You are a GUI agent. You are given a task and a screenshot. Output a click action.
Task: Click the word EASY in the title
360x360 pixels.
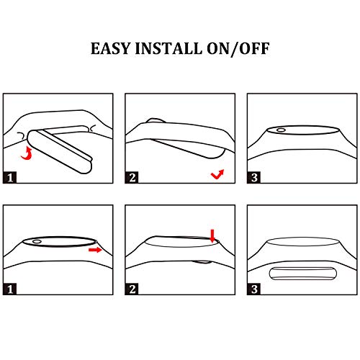coord(111,48)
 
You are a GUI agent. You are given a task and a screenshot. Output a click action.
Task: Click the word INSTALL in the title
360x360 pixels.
coord(168,48)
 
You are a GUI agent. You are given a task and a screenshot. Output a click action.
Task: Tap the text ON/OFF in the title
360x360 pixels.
coord(238,49)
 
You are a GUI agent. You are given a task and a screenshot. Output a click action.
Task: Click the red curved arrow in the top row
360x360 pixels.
coord(27,154)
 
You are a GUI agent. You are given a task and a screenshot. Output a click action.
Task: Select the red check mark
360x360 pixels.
coord(217,175)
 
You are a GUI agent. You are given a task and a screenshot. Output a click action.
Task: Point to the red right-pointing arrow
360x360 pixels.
coord(95,250)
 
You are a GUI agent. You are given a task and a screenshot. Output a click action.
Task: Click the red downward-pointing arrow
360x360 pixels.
coord(212,235)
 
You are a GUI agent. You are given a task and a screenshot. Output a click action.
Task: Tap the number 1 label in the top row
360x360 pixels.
coord(10,178)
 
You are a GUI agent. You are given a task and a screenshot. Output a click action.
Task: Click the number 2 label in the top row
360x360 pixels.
coord(132,178)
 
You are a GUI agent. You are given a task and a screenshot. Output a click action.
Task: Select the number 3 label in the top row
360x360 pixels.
coord(254,178)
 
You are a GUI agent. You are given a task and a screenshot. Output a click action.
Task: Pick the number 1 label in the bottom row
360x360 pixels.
coord(10,289)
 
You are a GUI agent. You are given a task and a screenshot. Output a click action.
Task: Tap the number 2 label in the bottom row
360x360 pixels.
coord(132,289)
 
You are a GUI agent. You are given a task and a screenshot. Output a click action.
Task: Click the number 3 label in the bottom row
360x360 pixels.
coord(254,289)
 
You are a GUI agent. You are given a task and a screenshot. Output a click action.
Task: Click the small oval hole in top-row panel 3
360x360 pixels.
coord(281,130)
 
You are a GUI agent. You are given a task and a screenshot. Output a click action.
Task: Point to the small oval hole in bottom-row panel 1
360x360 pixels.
coord(37,241)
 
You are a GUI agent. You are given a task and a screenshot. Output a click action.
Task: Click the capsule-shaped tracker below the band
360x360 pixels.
coord(303,274)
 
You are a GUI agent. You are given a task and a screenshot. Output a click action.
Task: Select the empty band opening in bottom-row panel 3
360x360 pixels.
coord(303,241)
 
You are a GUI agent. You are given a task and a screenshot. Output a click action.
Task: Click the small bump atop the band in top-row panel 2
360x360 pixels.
coord(156,120)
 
